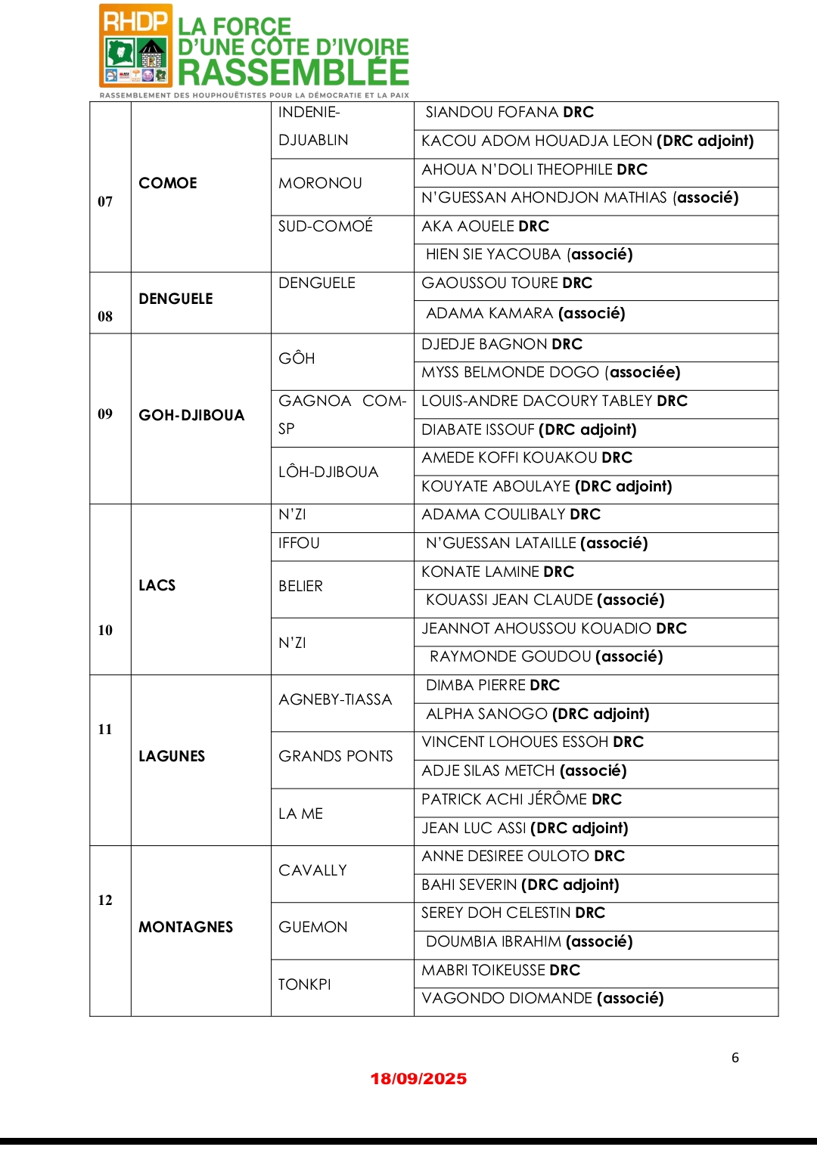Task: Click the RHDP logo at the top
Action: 136,46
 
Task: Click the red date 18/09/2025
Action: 418,1079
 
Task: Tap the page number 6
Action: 735,1058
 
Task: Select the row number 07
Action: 105,201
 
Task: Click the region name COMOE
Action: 168,183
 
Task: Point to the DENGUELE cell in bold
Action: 176,299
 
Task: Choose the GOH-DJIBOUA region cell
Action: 191,415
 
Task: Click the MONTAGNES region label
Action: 185,927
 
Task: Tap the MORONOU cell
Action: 320,183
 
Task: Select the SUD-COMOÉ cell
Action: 325,226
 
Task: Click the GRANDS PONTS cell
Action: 335,756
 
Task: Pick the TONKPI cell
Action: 304,984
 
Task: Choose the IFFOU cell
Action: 299,543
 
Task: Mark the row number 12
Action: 105,900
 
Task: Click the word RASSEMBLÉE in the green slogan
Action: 294,73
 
